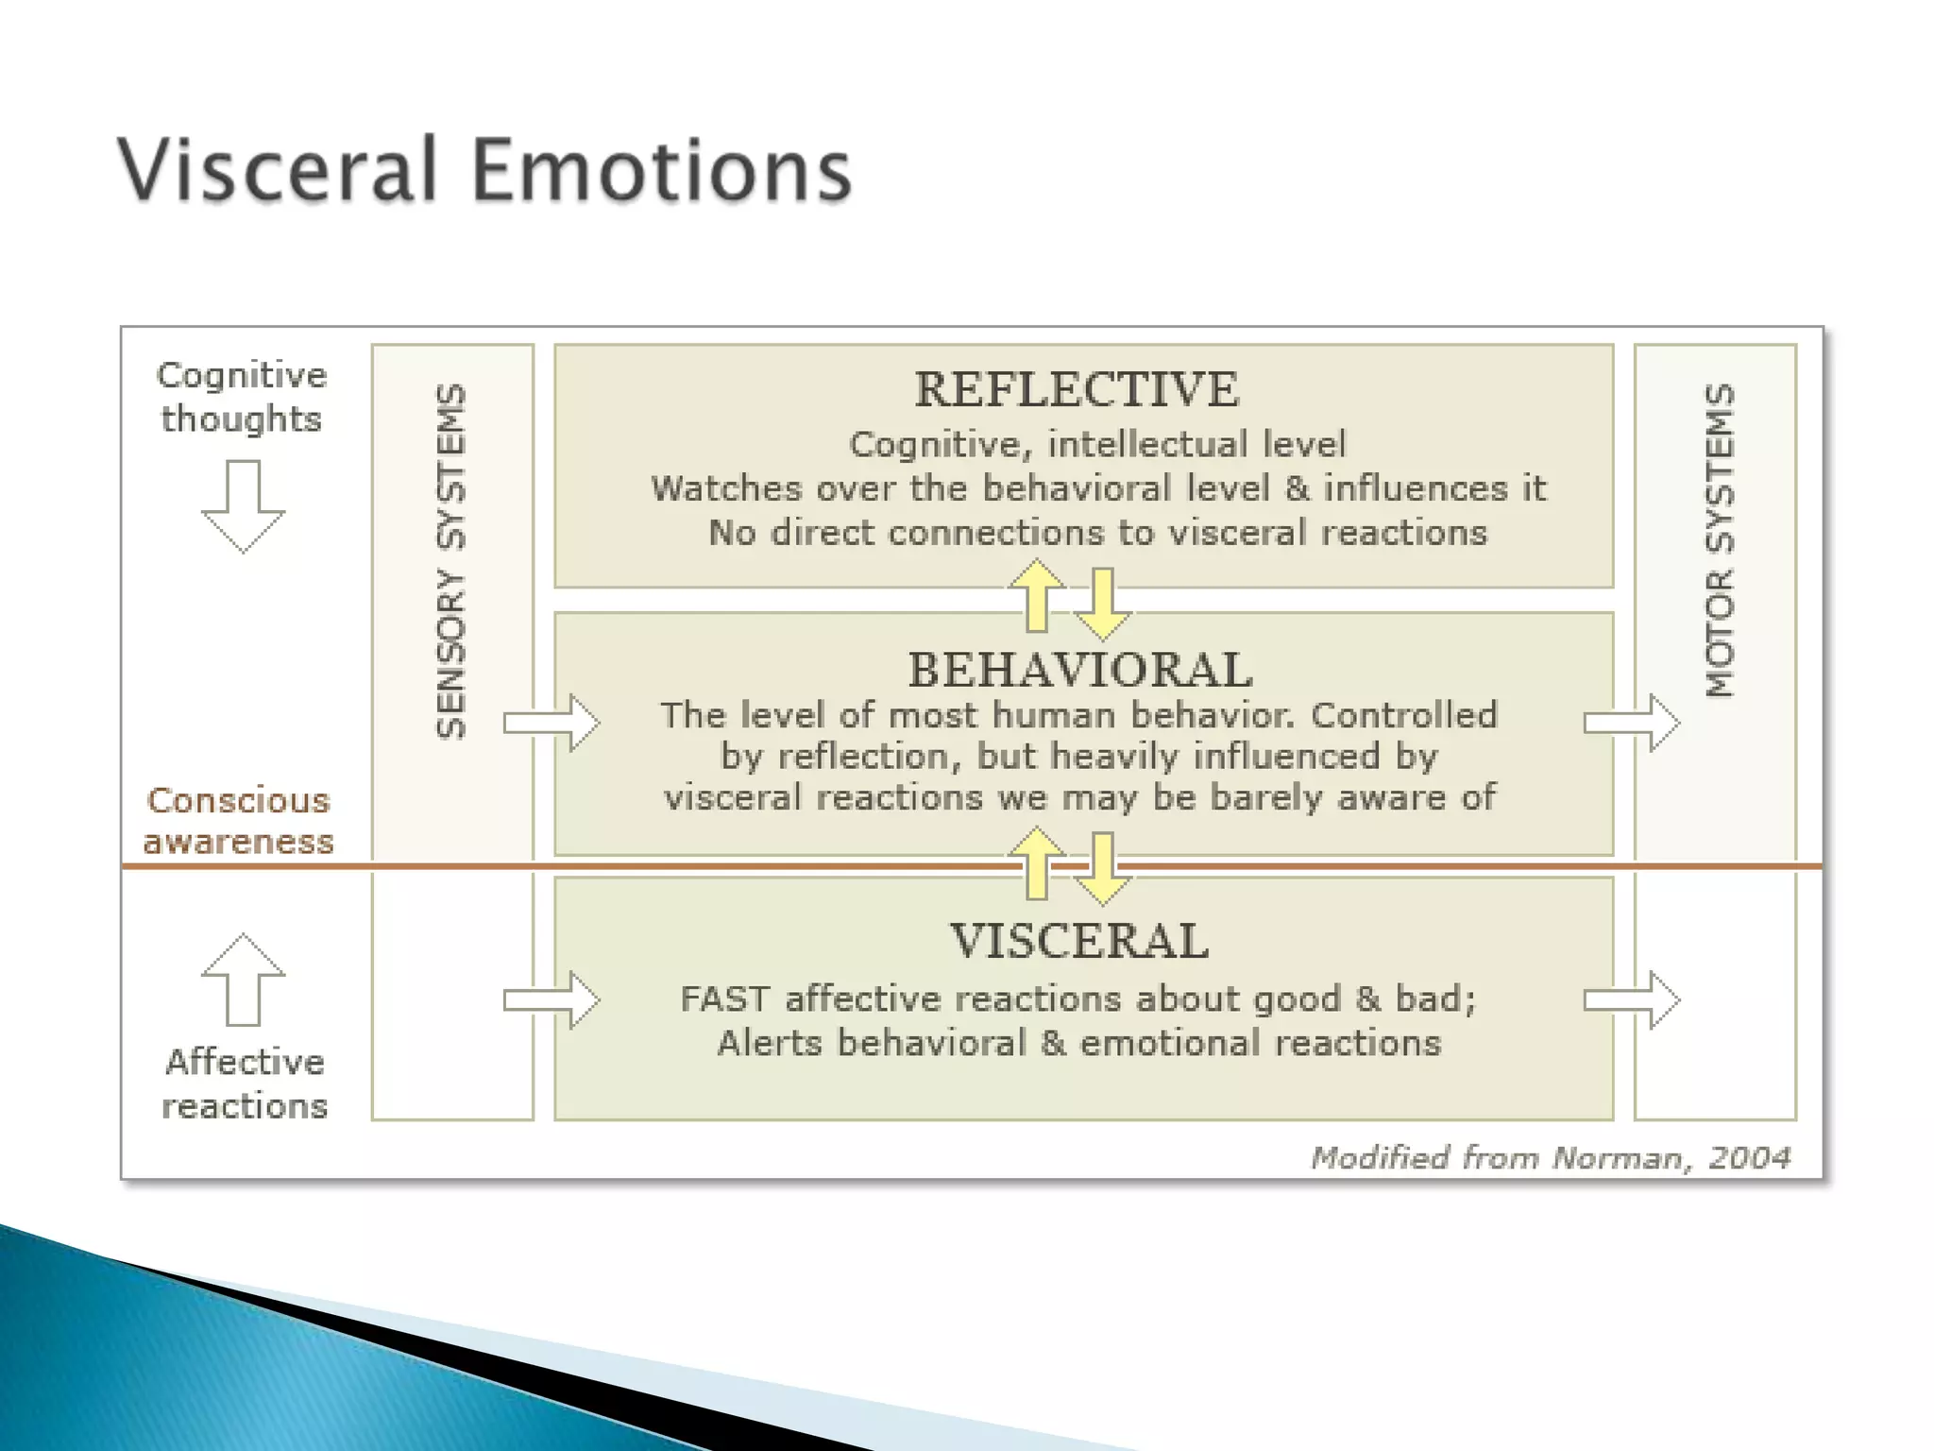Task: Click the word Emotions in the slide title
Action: click(x=662, y=170)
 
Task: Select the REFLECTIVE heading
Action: click(x=1076, y=389)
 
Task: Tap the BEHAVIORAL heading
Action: click(x=1079, y=670)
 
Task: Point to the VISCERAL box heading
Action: click(x=1079, y=941)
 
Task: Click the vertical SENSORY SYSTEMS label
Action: click(x=452, y=561)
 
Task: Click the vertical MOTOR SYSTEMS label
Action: click(x=1720, y=540)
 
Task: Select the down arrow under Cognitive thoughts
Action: click(x=243, y=505)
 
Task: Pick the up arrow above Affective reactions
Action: click(x=243, y=980)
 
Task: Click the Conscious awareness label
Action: click(x=238, y=821)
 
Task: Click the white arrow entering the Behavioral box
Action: click(x=551, y=723)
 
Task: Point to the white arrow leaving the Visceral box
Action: click(x=1632, y=999)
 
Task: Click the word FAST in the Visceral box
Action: click(x=724, y=999)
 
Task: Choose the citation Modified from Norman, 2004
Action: click(x=1550, y=1157)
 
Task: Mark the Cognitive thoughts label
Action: click(x=242, y=397)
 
